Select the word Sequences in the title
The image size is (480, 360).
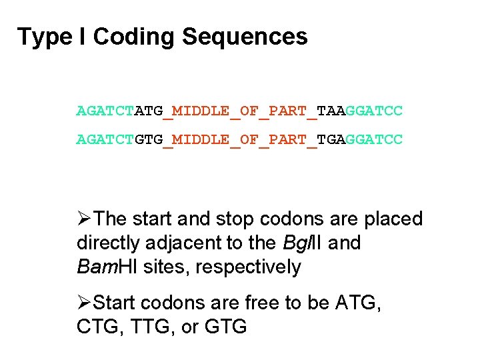coord(244,37)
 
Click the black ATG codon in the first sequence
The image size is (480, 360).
coord(149,111)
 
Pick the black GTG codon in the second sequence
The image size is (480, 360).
coord(149,140)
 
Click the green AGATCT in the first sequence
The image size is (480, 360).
coord(105,111)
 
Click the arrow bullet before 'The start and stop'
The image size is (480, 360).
coord(85,219)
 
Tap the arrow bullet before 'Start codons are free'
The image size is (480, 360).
coord(85,303)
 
